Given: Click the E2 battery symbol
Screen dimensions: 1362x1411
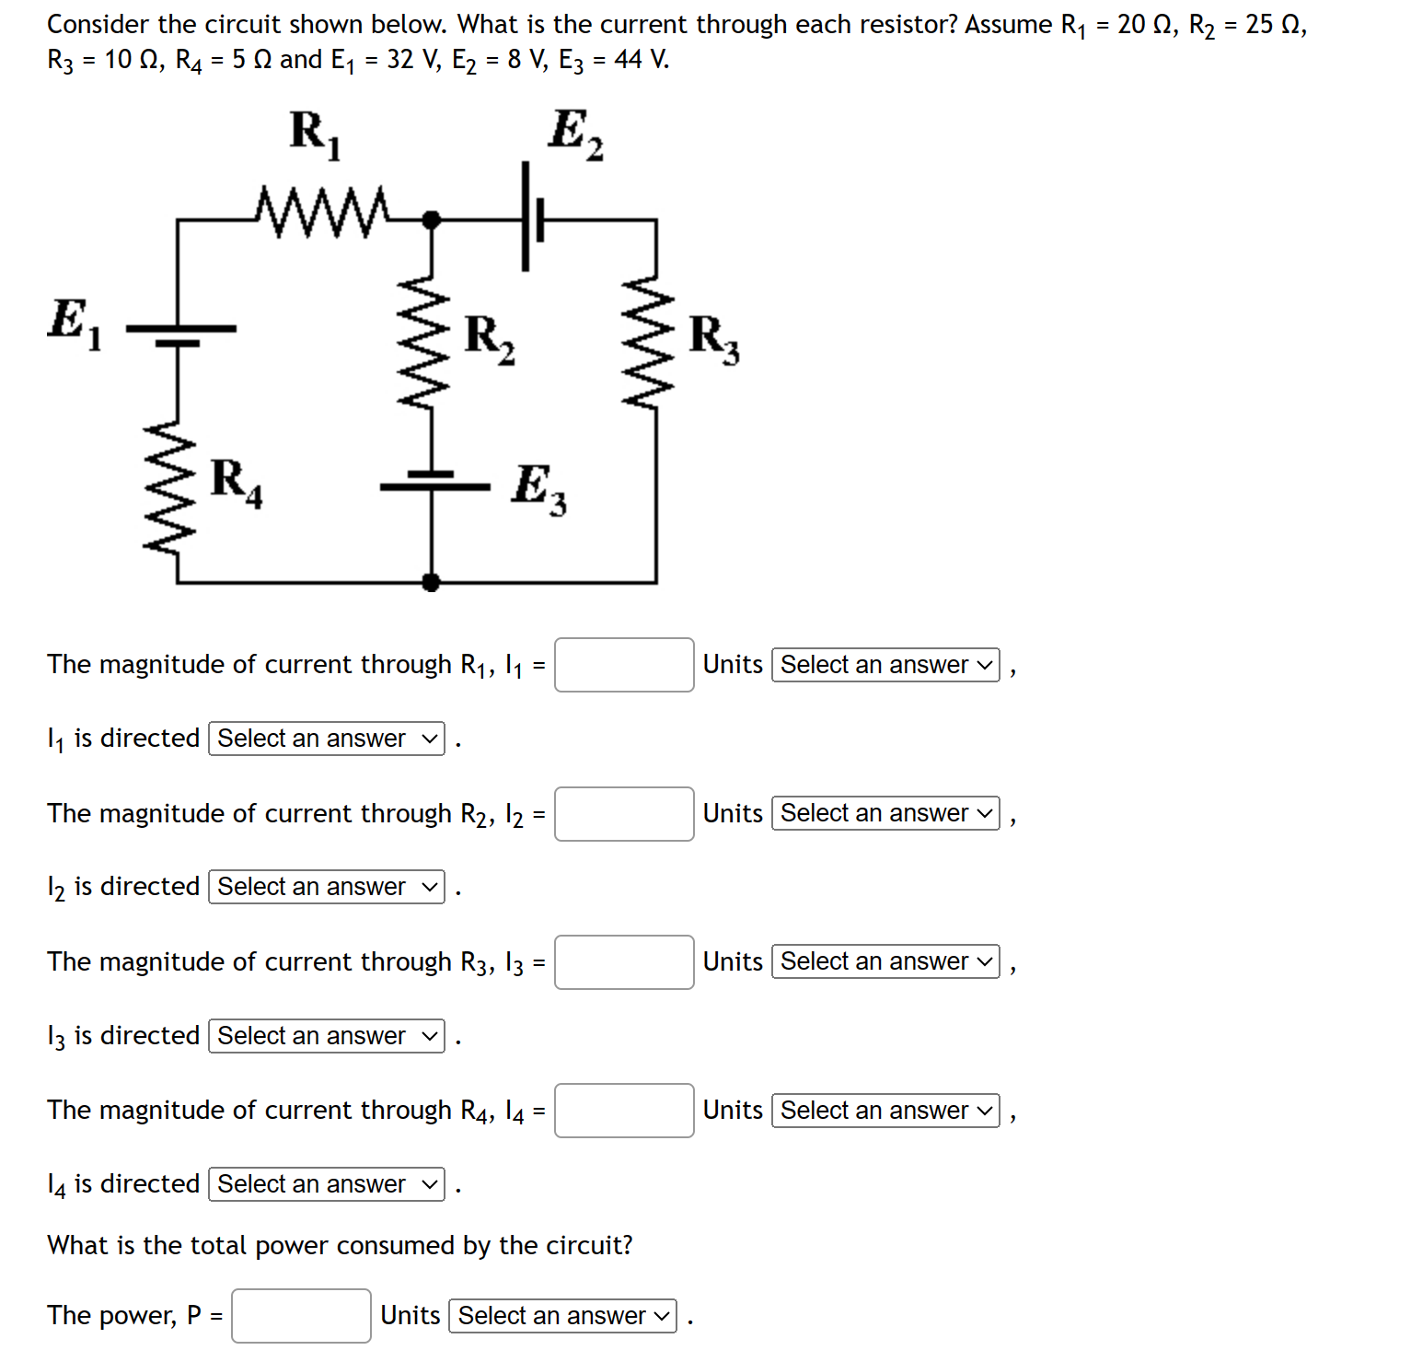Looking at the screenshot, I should point(531,218).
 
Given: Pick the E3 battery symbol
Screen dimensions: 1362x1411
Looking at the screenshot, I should point(433,480).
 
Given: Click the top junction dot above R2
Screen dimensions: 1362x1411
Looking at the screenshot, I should point(430,219).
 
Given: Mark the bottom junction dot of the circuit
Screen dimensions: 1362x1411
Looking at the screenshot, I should point(430,582).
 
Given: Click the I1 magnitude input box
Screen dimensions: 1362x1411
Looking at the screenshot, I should point(624,665).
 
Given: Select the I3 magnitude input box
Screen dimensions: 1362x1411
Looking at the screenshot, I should point(624,962).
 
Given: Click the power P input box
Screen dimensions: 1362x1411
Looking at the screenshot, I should point(301,1316).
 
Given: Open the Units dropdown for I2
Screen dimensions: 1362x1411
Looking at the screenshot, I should point(885,813).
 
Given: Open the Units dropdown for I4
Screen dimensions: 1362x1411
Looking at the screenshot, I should point(885,1111).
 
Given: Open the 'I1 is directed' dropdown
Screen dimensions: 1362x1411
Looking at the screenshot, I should point(327,739).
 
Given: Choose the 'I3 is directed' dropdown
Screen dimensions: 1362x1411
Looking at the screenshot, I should point(327,1036).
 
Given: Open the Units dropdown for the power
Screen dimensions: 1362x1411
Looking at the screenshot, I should point(562,1316).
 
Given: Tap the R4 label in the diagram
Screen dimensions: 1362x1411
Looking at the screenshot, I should point(236,482).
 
